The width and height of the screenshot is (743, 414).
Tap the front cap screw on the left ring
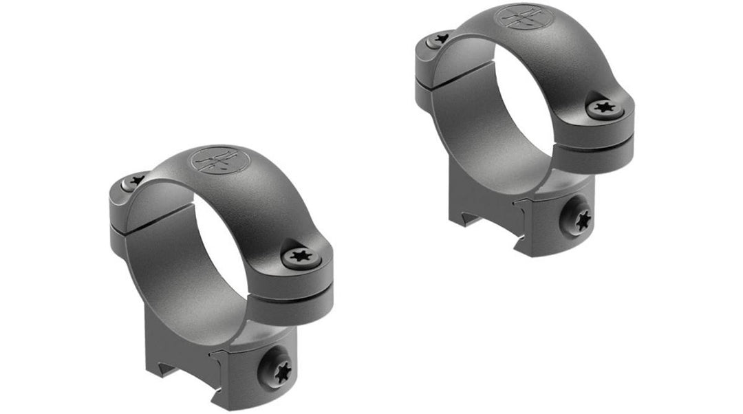(301, 257)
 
